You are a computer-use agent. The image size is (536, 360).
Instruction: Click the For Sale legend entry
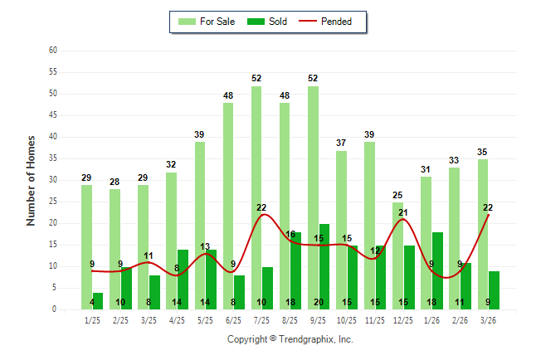pos(207,22)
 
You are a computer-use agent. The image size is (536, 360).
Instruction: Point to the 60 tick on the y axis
pos(53,51)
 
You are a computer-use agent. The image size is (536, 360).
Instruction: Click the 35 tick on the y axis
pos(53,158)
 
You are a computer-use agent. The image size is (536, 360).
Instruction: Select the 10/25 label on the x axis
pos(347,320)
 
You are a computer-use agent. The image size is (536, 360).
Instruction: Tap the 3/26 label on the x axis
pos(488,320)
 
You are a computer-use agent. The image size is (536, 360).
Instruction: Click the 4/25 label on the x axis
pos(178,320)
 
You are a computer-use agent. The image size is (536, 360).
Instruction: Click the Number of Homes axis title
pos(32,180)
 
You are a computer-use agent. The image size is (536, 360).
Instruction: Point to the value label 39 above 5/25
pos(200,134)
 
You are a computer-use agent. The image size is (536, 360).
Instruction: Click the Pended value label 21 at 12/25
pos(403,212)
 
